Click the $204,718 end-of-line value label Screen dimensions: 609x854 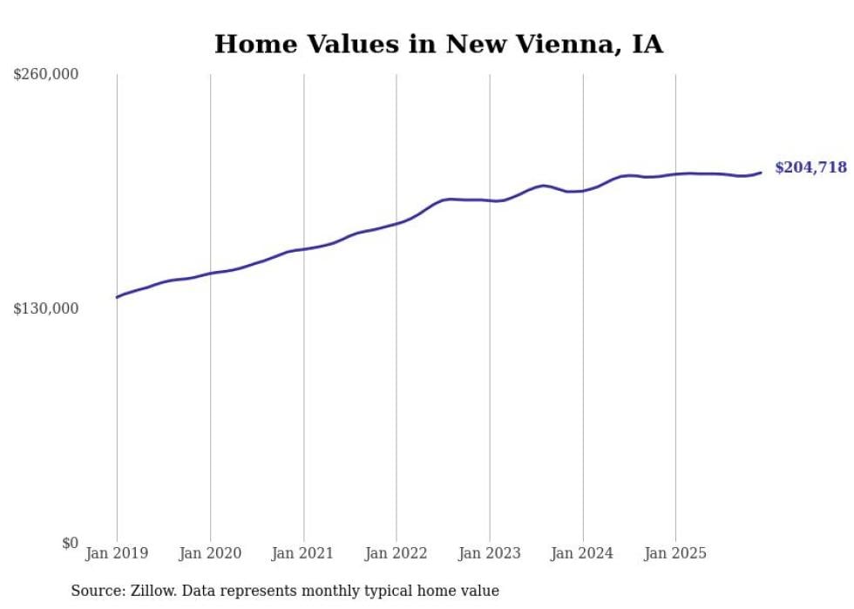pos(810,167)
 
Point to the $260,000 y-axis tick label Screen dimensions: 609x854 pos(45,75)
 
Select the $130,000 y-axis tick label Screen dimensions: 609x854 pos(45,308)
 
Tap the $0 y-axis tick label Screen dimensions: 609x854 pos(70,543)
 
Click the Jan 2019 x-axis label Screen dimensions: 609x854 pos(117,553)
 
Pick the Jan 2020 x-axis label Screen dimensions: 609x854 pos(210,553)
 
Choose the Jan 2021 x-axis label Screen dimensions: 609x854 pos(303,553)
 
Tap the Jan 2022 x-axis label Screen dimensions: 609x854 pos(396,553)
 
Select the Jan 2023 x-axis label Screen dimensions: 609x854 pos(490,553)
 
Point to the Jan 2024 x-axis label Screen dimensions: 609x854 pos(582,553)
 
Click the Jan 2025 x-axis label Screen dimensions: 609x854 pos(675,553)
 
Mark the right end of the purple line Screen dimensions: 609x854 pos(761,173)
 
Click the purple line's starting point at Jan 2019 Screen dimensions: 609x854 pos(118,297)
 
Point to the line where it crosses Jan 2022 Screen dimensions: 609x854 pos(396,223)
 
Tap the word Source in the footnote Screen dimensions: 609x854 pos(98,591)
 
